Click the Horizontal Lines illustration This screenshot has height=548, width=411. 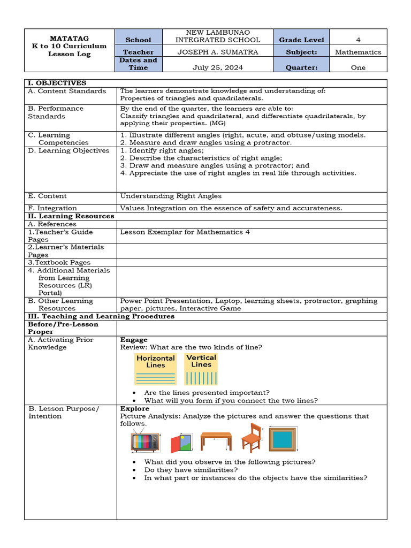(x=155, y=369)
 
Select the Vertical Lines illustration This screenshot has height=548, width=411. (x=201, y=369)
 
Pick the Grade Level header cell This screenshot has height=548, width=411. (x=301, y=40)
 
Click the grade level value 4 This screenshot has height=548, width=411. (x=358, y=40)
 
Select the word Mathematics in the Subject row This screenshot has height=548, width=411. (x=358, y=52)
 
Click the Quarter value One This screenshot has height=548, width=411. (x=358, y=67)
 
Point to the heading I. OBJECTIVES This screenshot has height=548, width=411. (x=56, y=83)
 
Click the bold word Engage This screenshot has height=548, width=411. (x=134, y=340)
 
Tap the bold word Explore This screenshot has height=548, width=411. (x=135, y=408)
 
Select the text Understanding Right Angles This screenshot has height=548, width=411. (x=171, y=196)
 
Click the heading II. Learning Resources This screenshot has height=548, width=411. (x=71, y=216)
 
